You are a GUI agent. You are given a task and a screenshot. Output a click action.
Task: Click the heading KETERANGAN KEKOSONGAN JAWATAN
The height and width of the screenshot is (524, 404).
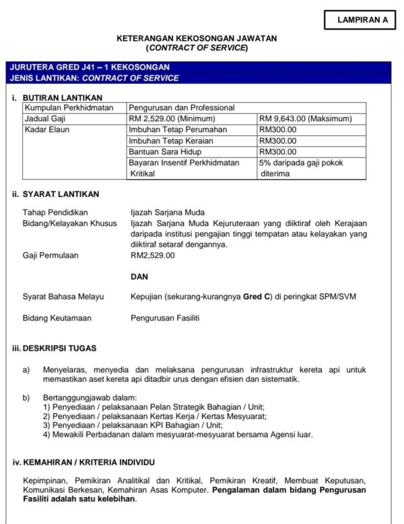[197, 38]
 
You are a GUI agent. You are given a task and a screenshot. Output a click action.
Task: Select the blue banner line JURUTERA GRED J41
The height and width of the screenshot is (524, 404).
[90, 67]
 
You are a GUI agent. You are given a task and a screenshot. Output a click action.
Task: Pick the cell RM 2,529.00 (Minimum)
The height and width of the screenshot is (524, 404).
[172, 118]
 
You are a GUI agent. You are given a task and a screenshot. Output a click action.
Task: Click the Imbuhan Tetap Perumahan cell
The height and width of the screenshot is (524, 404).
[178, 130]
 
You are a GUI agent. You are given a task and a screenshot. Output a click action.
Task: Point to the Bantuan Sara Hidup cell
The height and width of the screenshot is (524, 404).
[165, 152]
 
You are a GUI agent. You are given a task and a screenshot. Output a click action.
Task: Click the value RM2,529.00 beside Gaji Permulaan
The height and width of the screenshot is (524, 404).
[153, 256]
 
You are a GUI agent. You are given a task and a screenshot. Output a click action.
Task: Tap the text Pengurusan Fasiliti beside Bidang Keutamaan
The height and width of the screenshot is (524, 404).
[165, 317]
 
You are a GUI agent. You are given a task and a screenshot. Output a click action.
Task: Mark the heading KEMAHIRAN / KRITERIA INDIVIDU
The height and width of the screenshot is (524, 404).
[88, 463]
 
